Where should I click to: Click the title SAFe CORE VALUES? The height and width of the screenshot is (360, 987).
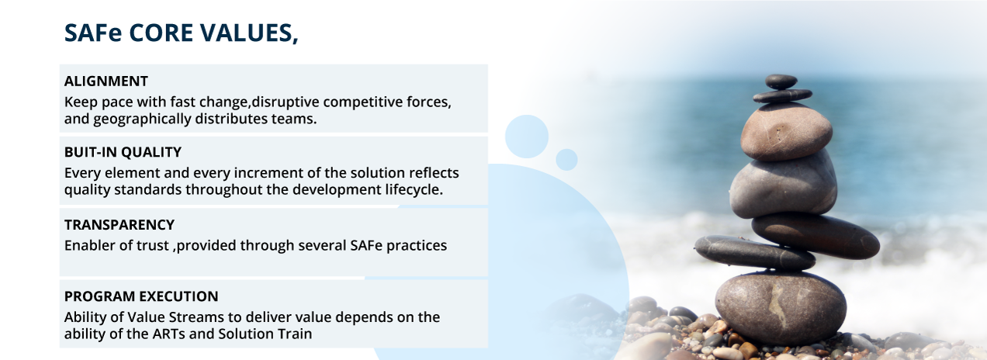pyautogui.click(x=181, y=33)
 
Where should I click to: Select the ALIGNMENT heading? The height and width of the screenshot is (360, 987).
pyautogui.click(x=106, y=81)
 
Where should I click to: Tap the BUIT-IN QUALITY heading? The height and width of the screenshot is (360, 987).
pyautogui.click(x=123, y=152)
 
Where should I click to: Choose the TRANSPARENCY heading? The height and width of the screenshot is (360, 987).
pyautogui.click(x=119, y=225)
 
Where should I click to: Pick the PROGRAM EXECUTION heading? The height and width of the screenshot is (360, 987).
pyautogui.click(x=141, y=296)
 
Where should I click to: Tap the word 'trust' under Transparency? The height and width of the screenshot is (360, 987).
pyautogui.click(x=152, y=245)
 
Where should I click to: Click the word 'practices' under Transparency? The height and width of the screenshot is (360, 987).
pyautogui.click(x=417, y=245)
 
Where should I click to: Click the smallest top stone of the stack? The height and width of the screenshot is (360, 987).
pyautogui.click(x=781, y=81)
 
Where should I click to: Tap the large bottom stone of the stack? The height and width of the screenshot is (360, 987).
pyautogui.click(x=781, y=308)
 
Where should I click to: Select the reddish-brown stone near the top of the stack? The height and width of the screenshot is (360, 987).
pyautogui.click(x=787, y=131)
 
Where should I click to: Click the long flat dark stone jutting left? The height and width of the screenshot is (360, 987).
pyautogui.click(x=754, y=252)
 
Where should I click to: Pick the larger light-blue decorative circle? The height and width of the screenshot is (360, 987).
pyautogui.click(x=527, y=137)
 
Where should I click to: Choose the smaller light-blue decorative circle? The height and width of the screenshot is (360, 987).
pyautogui.click(x=566, y=160)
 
